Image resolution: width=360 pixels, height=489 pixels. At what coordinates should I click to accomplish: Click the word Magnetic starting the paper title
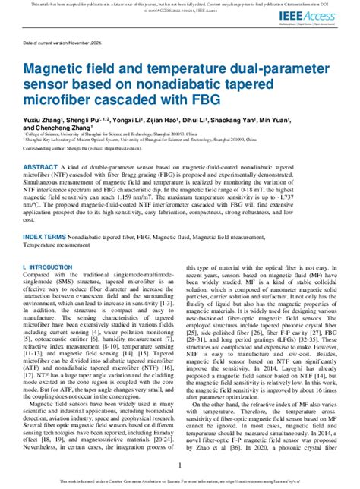coord(52,68)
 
